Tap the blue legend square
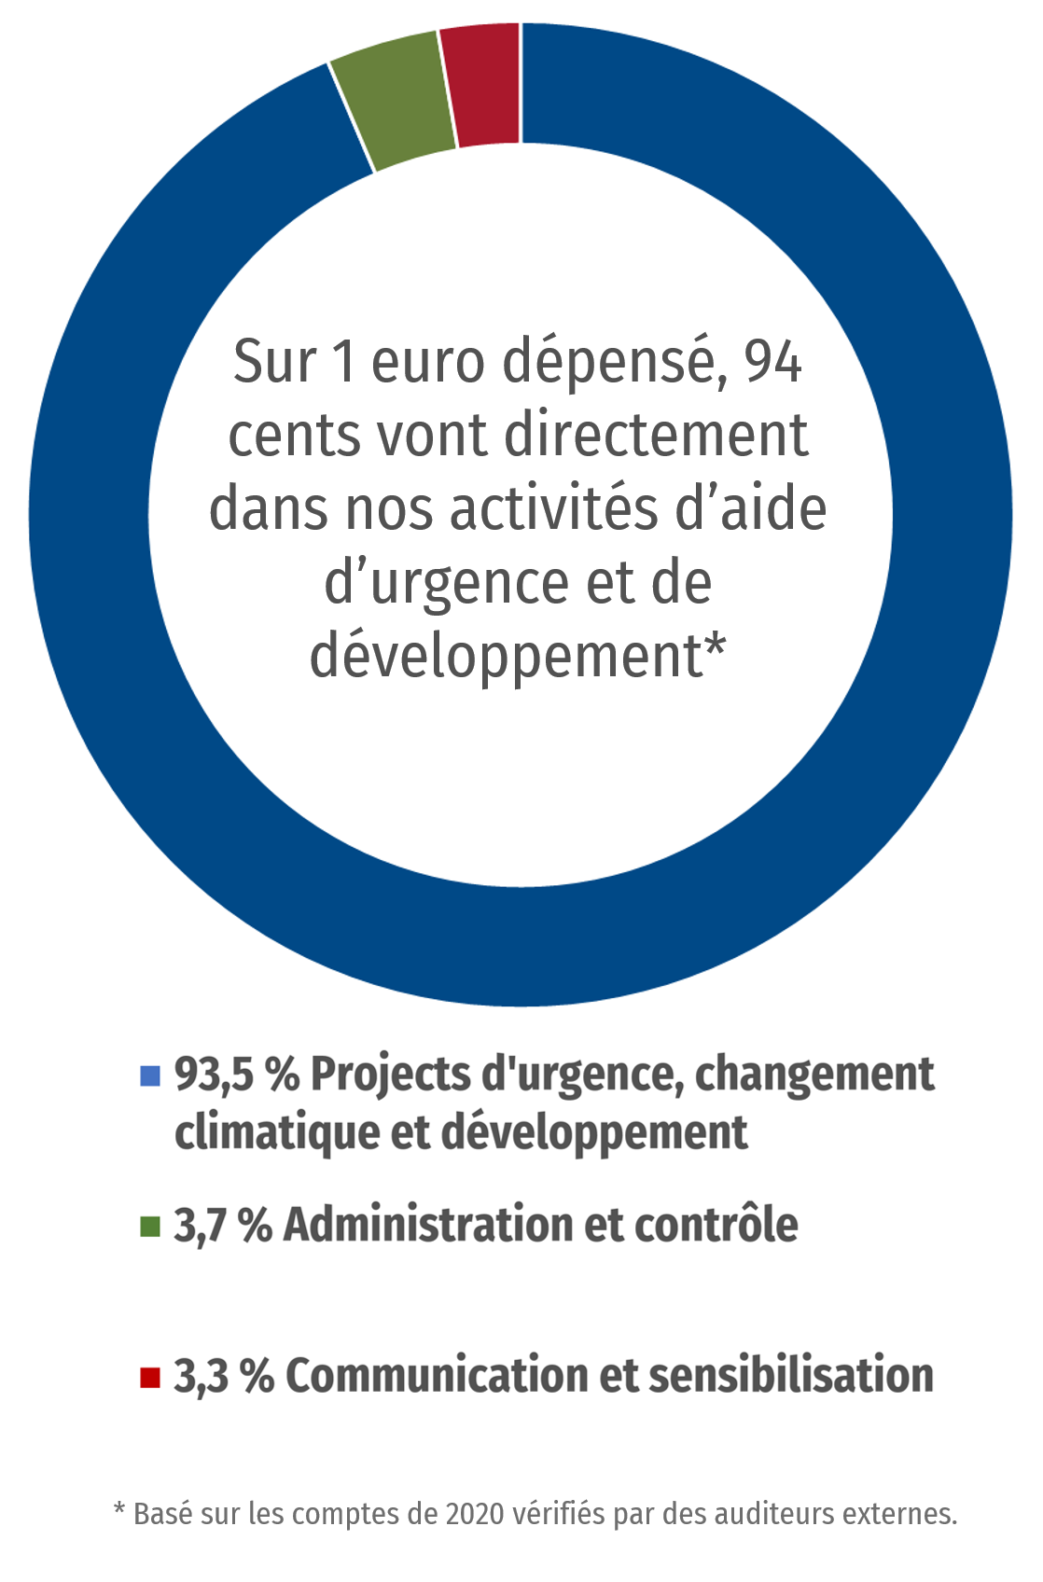150,1075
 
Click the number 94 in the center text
772,362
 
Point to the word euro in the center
428,362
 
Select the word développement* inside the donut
518,657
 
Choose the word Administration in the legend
427,1226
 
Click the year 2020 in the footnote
474,1513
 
